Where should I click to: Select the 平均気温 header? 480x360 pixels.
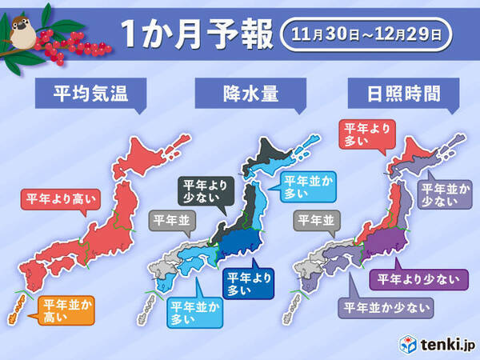(x=83, y=97)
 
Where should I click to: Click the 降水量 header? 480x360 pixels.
(x=240, y=97)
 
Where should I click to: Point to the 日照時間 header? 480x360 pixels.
(x=397, y=97)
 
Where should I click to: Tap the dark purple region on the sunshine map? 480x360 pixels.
(x=384, y=244)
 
